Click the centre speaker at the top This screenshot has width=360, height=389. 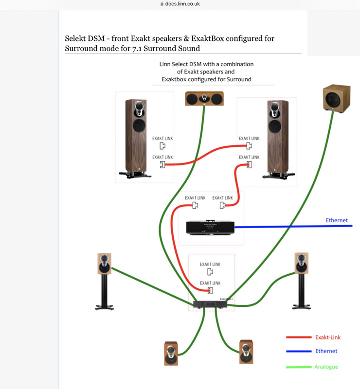tap(204, 99)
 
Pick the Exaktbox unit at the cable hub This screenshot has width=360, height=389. tap(210, 304)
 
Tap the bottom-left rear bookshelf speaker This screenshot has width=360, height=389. tap(171, 354)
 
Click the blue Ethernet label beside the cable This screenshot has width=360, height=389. tap(337, 220)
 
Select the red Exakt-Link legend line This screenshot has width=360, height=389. tap(299, 337)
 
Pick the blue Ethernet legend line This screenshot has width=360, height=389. tap(299, 351)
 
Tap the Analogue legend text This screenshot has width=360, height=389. tap(325, 367)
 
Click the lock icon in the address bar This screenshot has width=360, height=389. tap(162, 3)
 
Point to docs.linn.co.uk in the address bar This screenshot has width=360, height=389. tap(183, 3)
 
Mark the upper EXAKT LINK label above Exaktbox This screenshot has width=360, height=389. tap(210, 264)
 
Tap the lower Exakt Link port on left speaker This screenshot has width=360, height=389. tap(162, 165)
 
